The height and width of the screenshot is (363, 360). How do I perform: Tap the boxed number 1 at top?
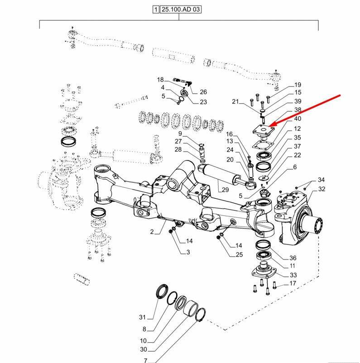(x=156, y=10)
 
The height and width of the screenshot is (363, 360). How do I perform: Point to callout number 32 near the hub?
(x=322, y=189)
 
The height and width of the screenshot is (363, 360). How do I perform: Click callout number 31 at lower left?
(x=143, y=316)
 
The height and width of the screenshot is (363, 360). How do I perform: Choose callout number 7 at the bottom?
(x=146, y=361)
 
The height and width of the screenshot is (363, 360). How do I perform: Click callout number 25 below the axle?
(x=239, y=254)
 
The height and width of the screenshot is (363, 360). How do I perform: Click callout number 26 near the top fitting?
(x=203, y=92)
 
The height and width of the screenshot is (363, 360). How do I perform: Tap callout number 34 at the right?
(x=321, y=180)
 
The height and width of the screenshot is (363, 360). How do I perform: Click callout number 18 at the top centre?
(x=160, y=79)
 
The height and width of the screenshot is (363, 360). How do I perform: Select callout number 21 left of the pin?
(x=235, y=101)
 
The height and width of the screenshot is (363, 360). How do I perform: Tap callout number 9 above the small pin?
(x=180, y=134)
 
